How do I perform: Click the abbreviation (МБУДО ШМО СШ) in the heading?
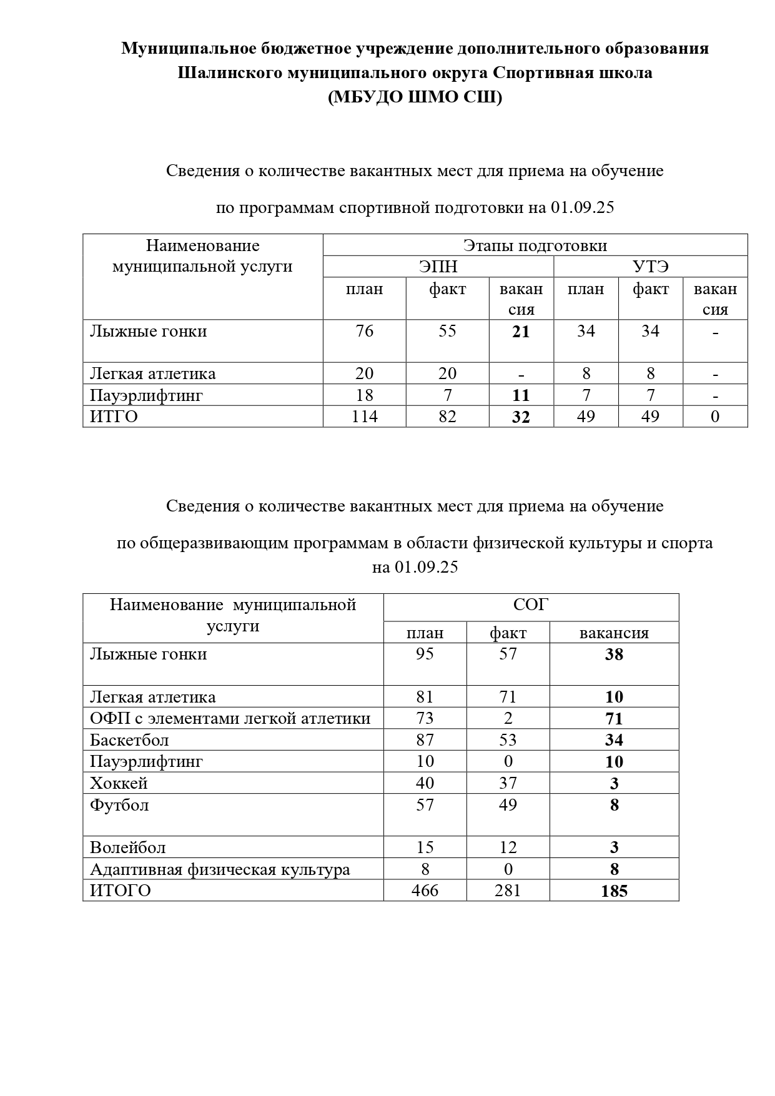coord(415,97)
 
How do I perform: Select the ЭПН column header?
coord(438,267)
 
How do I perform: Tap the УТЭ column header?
coord(650,267)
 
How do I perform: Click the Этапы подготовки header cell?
coord(535,245)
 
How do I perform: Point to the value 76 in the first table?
coord(364,331)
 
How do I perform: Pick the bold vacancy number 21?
coord(521,332)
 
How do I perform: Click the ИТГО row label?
coord(114,417)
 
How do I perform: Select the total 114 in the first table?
coord(364,417)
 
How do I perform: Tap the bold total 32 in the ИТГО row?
coord(521,417)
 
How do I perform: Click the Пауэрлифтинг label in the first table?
coord(146,395)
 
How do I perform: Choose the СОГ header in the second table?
coord(530,605)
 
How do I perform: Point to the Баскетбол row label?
coord(129,740)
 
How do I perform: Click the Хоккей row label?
coord(119,783)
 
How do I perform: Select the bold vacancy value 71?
coord(614,719)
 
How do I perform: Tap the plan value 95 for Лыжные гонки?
coord(425,654)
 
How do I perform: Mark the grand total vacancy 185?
coord(614,891)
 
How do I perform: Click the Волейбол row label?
coord(128,847)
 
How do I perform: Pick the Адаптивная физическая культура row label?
coord(220,869)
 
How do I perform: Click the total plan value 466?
coord(425,891)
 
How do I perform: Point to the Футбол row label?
coord(119,805)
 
